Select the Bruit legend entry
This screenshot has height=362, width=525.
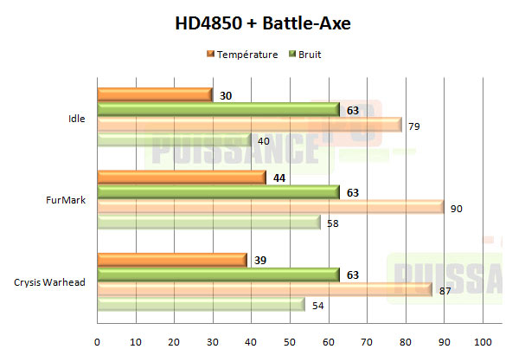pos(311,55)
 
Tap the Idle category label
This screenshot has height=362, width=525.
pos(76,119)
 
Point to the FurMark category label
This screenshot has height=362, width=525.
pos(67,200)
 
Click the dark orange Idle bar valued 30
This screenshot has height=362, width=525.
pos(154,95)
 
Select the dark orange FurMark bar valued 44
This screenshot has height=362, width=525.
pos(181,177)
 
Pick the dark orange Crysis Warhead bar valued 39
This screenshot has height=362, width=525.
pos(171,259)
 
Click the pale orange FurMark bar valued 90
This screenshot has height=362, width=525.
pos(270,208)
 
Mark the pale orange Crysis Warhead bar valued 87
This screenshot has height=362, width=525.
pos(264,289)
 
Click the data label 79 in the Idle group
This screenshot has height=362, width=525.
pos(413,126)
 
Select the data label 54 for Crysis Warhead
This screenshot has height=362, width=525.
pos(317,305)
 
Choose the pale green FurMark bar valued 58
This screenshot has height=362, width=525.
pos(208,223)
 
